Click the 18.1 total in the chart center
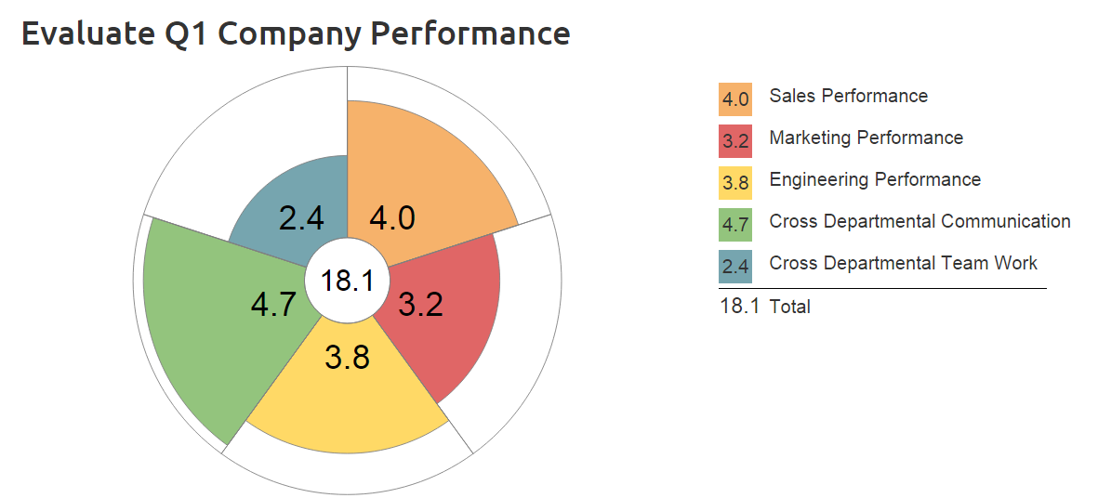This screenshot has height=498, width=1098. [x=347, y=281]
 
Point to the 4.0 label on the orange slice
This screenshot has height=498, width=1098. [x=391, y=218]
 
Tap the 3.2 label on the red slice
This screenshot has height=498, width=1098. [x=420, y=304]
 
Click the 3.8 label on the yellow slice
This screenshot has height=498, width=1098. [x=348, y=357]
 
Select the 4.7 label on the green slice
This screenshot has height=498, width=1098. [x=274, y=304]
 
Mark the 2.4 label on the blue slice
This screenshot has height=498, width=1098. [x=301, y=218]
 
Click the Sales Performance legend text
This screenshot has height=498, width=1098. [x=848, y=96]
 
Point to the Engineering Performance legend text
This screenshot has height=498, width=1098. [x=875, y=179]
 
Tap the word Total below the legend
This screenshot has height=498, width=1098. [x=789, y=307]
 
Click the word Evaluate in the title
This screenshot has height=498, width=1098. [x=80, y=34]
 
